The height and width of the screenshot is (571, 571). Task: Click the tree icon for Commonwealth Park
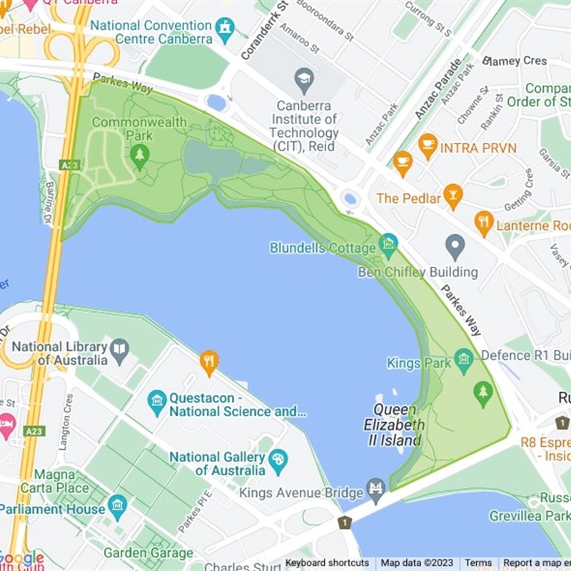[x=140, y=155]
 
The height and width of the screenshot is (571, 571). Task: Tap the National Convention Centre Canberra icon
[x=226, y=29]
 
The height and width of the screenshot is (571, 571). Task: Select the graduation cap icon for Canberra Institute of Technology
[x=305, y=77]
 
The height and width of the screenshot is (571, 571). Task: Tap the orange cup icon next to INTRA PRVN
[x=428, y=146]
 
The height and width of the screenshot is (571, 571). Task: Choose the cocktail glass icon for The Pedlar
[x=453, y=195]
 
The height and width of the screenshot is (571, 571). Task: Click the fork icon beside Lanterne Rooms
[x=484, y=223]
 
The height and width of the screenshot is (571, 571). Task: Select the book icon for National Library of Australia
[x=119, y=350]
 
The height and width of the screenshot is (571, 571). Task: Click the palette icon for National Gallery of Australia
[x=278, y=462]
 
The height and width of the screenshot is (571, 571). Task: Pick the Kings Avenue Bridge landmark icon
[x=375, y=490]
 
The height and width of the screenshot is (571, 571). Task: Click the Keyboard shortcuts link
[x=327, y=563]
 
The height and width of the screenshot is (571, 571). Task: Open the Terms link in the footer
[x=478, y=563]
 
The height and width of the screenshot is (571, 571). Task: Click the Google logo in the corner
[x=21, y=559]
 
